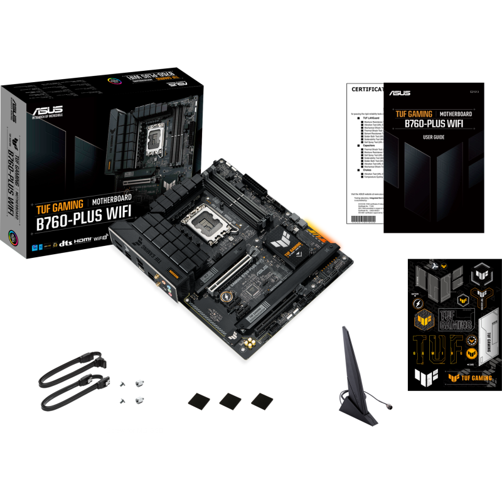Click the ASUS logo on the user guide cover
(x=400, y=93)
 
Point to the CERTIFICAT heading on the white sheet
(x=366, y=89)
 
